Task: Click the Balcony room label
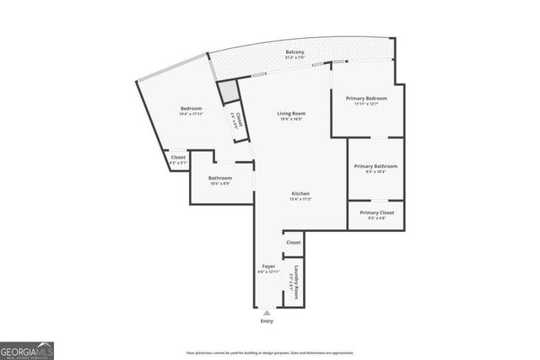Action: coord(294,52)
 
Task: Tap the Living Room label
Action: coord(291,114)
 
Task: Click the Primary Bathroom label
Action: coord(375,166)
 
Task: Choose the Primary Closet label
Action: coord(375,212)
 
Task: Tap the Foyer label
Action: coord(267,266)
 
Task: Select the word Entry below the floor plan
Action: coord(267,321)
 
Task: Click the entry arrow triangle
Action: coord(267,313)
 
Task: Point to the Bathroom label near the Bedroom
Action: coord(220,178)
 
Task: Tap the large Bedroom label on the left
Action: coord(191,109)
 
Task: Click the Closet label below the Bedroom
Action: coord(178,157)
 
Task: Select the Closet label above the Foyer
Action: coord(293,243)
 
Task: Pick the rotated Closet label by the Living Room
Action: coord(240,120)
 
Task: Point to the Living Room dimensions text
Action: coord(291,120)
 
